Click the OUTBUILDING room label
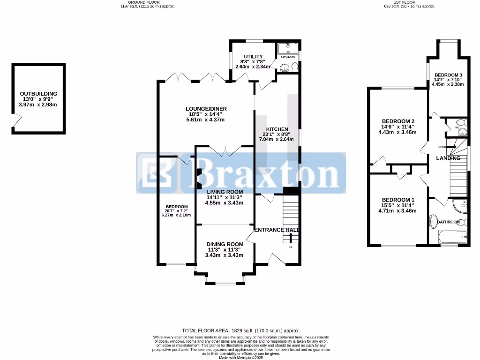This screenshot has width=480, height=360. pyautogui.click(x=38, y=94)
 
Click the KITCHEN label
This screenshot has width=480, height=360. pyautogui.click(x=277, y=129)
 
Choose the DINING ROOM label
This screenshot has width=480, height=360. pyautogui.click(x=225, y=244)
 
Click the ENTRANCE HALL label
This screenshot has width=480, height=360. pyautogui.click(x=276, y=230)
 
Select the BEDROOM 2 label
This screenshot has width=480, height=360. pyautogui.click(x=398, y=121)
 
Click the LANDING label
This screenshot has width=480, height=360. pyautogui.click(x=448, y=158)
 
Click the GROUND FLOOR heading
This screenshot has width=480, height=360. pyautogui.click(x=142, y=2)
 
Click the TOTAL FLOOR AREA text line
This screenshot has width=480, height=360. pyautogui.click(x=240, y=330)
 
